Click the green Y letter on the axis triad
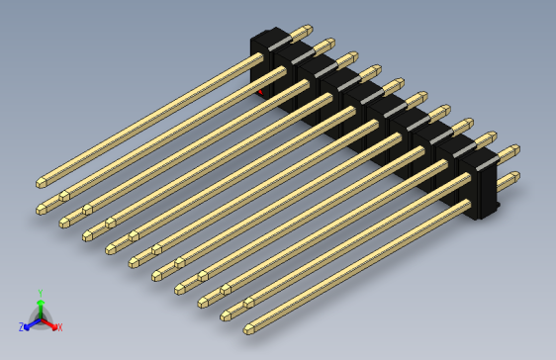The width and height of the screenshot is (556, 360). pos(40,294)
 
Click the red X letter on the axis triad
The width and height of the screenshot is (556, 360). pos(59,326)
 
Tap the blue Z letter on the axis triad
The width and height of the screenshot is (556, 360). pos(21,326)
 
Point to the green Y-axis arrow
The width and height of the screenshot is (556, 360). pos(40,307)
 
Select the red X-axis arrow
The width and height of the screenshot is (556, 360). pos(50,322)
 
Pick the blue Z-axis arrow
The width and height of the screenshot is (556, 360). pos(30,322)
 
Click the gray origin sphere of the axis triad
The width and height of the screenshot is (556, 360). pos(40,318)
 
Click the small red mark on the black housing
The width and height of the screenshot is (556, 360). pos(261,92)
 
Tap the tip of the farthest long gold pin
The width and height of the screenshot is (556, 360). pos(42,182)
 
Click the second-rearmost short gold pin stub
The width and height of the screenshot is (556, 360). pos(324,45)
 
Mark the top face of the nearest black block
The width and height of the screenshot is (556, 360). pos(477,157)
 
